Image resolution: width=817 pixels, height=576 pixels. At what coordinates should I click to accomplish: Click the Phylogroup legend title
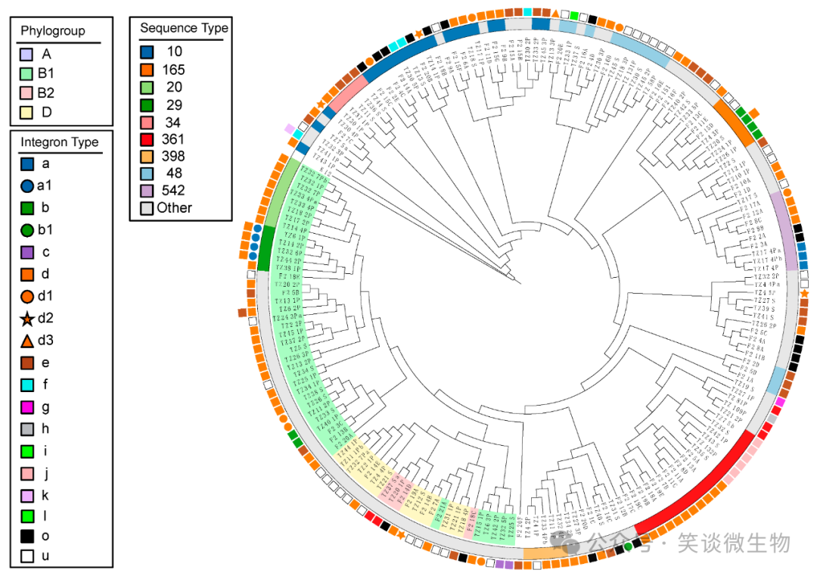53,31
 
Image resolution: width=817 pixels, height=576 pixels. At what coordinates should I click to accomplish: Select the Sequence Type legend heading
184,28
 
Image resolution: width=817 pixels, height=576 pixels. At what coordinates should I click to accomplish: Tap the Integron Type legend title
60,142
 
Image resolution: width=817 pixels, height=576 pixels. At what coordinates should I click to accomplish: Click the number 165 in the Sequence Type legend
175,70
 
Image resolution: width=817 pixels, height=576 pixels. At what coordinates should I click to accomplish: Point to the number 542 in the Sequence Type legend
175,190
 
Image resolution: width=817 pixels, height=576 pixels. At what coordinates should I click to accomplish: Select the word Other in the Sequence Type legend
175,207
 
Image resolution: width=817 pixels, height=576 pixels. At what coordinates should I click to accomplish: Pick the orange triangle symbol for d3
27,341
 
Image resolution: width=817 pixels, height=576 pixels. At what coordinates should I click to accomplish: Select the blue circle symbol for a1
27,184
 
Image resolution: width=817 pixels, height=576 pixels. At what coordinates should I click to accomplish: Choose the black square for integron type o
27,536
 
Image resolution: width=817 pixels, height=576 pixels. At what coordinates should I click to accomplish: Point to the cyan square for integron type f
27,385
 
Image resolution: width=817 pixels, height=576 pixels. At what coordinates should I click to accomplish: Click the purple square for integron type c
27,252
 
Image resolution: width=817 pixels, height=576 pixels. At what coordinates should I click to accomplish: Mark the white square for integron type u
27,556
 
